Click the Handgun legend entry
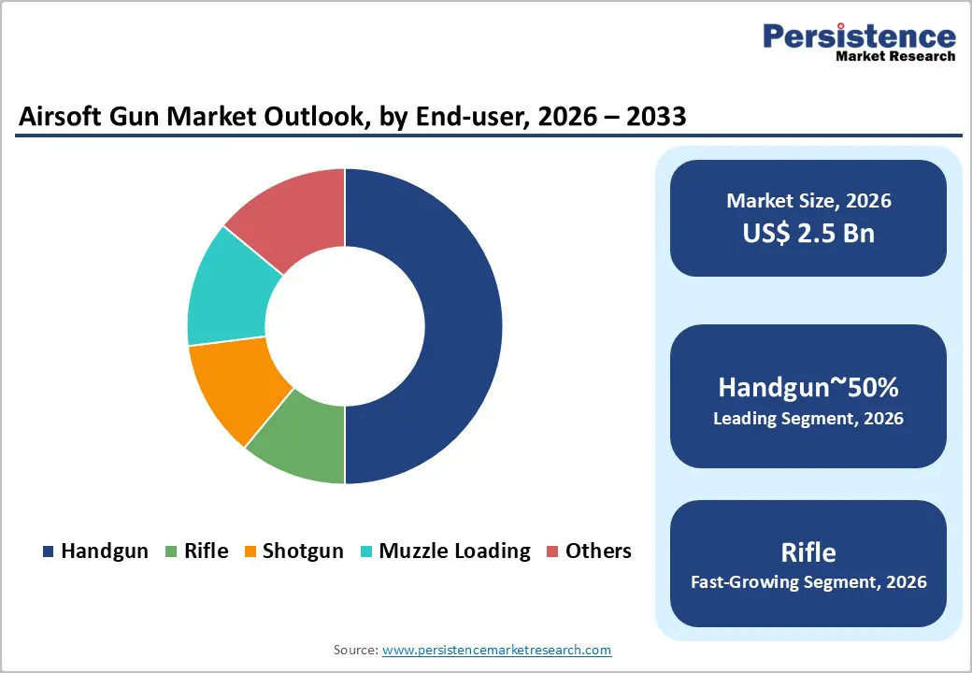pyautogui.click(x=95, y=551)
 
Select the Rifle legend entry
pyautogui.click(x=196, y=551)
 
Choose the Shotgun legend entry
pyautogui.click(x=293, y=551)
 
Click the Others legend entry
pyautogui.click(x=589, y=551)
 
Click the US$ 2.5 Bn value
pyautogui.click(x=808, y=233)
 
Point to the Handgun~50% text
pyautogui.click(x=808, y=387)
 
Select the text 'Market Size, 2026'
pyautogui.click(x=808, y=201)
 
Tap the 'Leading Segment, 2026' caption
pyautogui.click(x=808, y=419)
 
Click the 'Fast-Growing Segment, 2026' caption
pyautogui.click(x=808, y=582)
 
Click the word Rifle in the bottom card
pyautogui.click(x=808, y=551)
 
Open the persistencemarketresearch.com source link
pyautogui.click(x=496, y=650)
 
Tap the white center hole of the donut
pyautogui.click(x=345, y=326)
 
